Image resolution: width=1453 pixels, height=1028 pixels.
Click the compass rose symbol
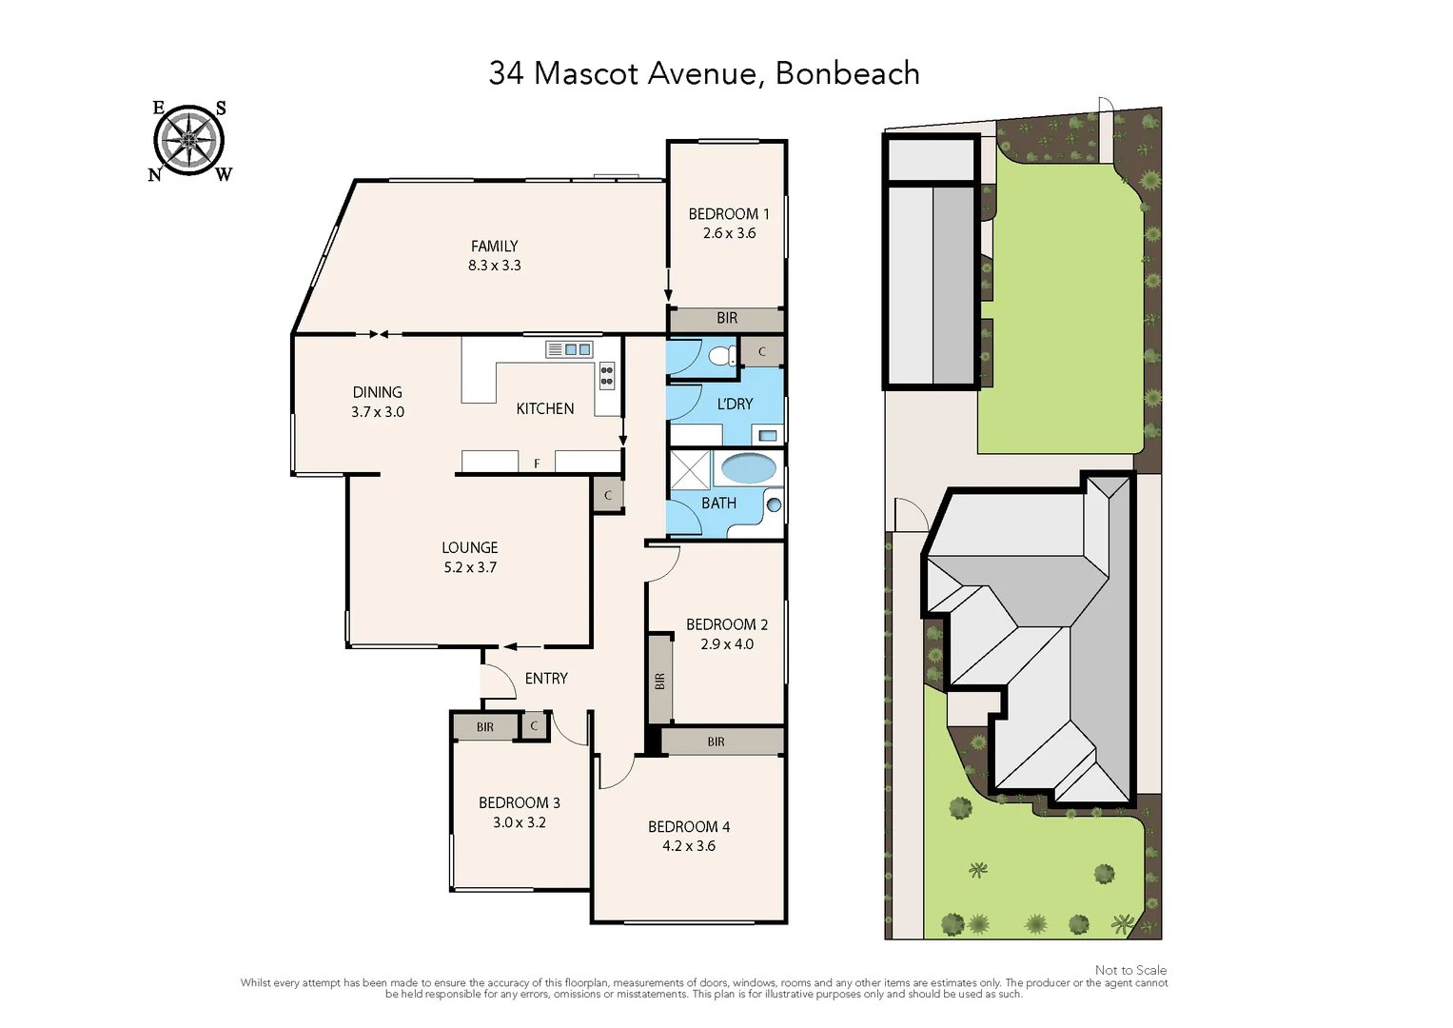(x=189, y=141)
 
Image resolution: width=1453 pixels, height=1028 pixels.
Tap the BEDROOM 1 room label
(x=728, y=214)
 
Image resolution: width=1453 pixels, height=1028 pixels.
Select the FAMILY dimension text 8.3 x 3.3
(x=494, y=266)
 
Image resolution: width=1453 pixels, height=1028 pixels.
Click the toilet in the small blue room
(x=722, y=356)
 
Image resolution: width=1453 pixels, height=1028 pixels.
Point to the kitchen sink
(x=569, y=349)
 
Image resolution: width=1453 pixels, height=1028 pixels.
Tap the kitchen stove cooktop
(x=606, y=375)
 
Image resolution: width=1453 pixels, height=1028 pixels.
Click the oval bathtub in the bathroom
(x=748, y=468)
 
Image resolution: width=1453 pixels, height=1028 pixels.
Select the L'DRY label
(x=735, y=405)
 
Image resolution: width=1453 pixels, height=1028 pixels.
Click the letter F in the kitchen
(x=537, y=464)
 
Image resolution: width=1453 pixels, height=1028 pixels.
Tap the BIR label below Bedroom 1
(x=726, y=318)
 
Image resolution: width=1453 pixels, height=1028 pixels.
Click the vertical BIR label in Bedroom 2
(x=659, y=681)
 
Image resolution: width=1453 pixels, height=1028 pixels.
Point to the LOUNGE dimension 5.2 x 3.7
(x=470, y=567)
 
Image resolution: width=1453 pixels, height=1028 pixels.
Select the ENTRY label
(x=546, y=679)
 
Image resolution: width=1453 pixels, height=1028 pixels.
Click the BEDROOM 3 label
(x=519, y=802)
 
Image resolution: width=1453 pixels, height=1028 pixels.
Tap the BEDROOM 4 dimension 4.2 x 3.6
(x=689, y=846)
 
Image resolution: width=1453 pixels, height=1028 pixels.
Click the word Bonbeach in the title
(x=847, y=73)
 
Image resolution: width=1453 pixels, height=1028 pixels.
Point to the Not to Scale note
(x=1130, y=970)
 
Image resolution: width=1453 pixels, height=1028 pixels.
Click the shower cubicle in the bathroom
(x=690, y=468)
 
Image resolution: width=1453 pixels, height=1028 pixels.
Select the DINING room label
(x=377, y=392)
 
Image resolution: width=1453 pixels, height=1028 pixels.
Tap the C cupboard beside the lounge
(x=607, y=495)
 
